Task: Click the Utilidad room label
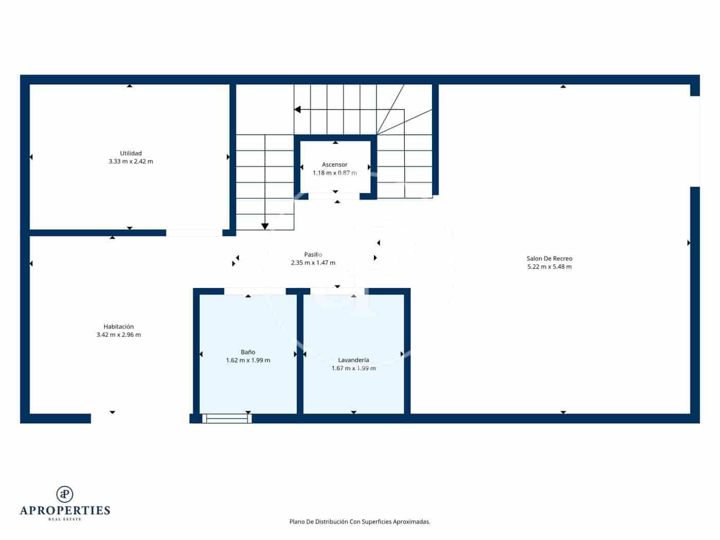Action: pyautogui.click(x=131, y=153)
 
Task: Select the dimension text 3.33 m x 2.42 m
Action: pyautogui.click(x=131, y=161)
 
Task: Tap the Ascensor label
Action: pyautogui.click(x=335, y=165)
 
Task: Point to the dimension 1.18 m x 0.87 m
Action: pyautogui.click(x=335, y=173)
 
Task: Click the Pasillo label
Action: pyautogui.click(x=313, y=255)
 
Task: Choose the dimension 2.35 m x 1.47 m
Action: pyautogui.click(x=313, y=263)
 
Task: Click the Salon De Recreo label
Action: pyautogui.click(x=549, y=259)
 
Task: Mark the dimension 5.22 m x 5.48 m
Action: pyautogui.click(x=549, y=267)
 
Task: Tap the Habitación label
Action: pyautogui.click(x=118, y=327)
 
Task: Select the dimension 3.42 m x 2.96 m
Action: pyautogui.click(x=118, y=335)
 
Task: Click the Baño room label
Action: pyautogui.click(x=248, y=352)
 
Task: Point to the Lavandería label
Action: pyautogui.click(x=353, y=360)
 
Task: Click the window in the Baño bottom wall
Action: pyautogui.click(x=227, y=419)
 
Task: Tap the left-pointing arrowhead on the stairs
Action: pyautogui.click(x=297, y=110)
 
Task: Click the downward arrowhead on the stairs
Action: pyautogui.click(x=265, y=226)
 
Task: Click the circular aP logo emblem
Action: pyautogui.click(x=65, y=494)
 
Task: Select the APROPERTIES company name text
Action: pyautogui.click(x=65, y=511)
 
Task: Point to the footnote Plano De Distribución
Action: pyautogui.click(x=359, y=521)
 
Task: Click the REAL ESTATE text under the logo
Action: pyautogui.click(x=65, y=519)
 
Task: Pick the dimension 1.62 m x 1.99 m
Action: pyautogui.click(x=248, y=361)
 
